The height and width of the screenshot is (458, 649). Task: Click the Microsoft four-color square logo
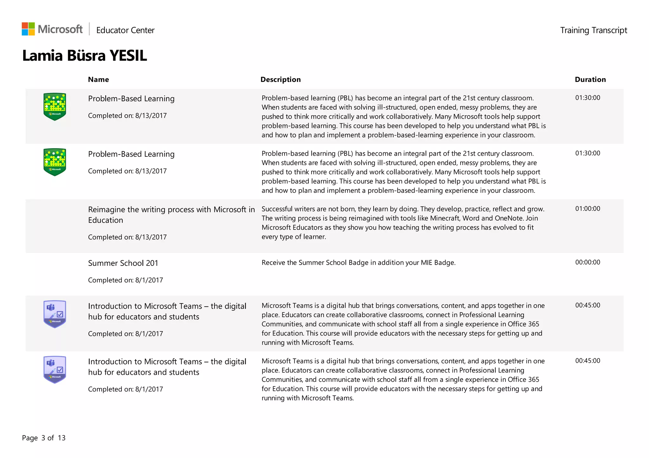click(28, 29)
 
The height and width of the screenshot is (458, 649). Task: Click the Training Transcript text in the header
click(593, 30)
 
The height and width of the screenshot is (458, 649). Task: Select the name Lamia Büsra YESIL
click(85, 56)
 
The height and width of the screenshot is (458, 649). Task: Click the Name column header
click(98, 79)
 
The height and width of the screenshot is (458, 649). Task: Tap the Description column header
click(280, 79)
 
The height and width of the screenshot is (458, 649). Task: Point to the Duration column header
click(590, 79)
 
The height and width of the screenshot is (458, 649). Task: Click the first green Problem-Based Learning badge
click(55, 107)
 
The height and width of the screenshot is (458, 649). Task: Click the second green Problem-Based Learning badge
click(55, 162)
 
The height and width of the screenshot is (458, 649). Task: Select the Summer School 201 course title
click(123, 263)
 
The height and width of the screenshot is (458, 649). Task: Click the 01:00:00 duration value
click(588, 209)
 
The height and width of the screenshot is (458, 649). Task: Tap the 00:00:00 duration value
click(588, 262)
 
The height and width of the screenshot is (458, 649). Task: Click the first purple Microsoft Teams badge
click(55, 314)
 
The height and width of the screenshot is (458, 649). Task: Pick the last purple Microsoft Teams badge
click(55, 369)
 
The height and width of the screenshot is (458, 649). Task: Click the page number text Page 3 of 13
click(44, 438)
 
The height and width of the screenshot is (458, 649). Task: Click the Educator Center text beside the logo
click(125, 30)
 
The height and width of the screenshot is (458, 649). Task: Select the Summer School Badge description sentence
click(358, 262)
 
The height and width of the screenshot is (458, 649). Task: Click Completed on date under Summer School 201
click(125, 280)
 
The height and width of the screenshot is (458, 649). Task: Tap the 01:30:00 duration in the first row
click(588, 98)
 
